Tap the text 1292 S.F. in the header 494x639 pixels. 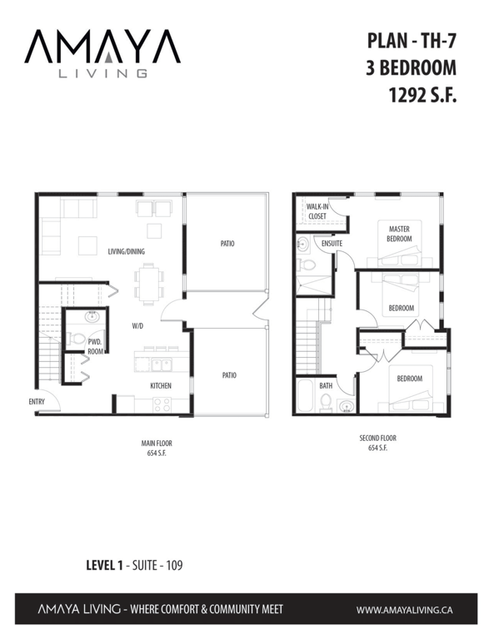click(422, 96)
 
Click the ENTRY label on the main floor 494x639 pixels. click(37, 402)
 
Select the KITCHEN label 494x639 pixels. click(161, 385)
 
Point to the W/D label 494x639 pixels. click(137, 326)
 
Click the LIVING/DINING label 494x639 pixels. click(127, 251)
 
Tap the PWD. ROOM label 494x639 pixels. click(95, 346)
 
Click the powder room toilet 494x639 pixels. click(76, 339)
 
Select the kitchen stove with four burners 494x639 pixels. click(162, 404)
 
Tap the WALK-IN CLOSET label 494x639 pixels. click(317, 211)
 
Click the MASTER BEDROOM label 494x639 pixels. click(399, 234)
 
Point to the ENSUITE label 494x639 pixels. click(332, 243)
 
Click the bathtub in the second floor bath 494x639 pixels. click(305, 396)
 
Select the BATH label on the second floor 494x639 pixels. click(326, 385)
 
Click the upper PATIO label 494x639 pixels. click(227, 243)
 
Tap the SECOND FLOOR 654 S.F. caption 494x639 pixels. click(377, 443)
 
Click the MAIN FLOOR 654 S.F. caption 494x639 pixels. click(157, 448)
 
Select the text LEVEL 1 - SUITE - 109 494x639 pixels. click(135, 565)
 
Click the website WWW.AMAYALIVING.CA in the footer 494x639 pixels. click(404, 610)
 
